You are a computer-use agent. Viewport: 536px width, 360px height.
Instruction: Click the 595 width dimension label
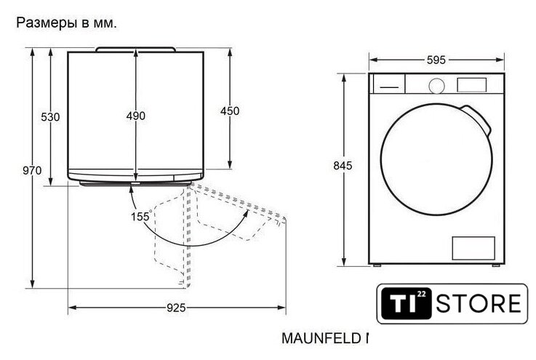(436, 60)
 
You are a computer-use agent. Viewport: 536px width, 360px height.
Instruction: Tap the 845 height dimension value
(343, 166)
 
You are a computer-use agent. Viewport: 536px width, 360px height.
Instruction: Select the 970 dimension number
(32, 170)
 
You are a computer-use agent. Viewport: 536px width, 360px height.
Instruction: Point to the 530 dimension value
(50, 117)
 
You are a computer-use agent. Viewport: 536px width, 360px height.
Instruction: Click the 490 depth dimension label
(136, 116)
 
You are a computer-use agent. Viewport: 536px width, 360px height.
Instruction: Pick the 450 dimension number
(230, 111)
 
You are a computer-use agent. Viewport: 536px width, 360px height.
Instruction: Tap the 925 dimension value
(176, 308)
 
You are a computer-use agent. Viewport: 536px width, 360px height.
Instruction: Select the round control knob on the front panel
(436, 86)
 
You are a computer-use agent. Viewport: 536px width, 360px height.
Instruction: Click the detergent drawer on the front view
(389, 84)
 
